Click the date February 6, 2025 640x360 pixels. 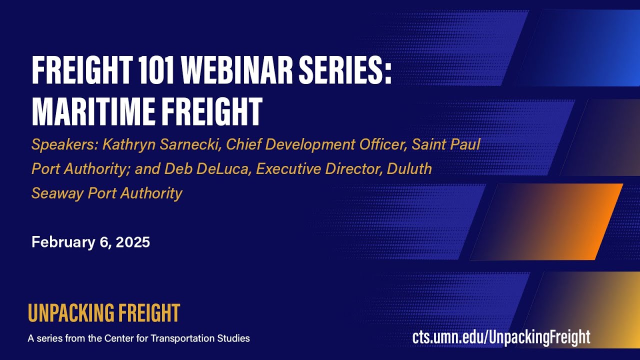[x=90, y=242]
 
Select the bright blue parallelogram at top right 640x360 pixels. [x=580, y=48]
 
